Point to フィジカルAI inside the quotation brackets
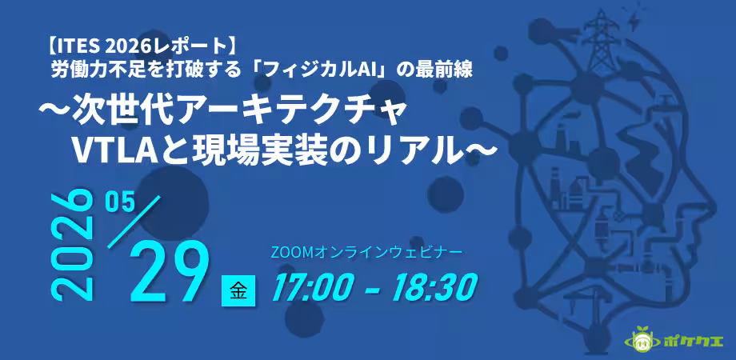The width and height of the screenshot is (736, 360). [x=328, y=70]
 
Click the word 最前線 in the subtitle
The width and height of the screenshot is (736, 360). [x=449, y=70]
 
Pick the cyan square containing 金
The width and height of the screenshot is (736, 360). [x=238, y=290]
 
